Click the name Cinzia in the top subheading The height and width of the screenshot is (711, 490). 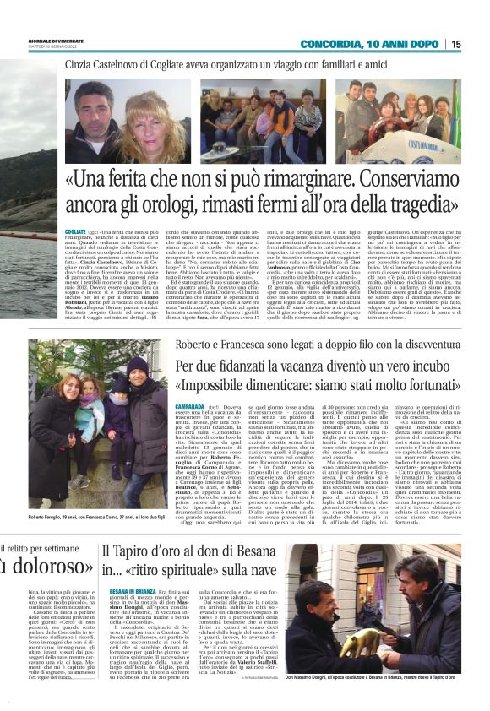pyautogui.click(x=84, y=63)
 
